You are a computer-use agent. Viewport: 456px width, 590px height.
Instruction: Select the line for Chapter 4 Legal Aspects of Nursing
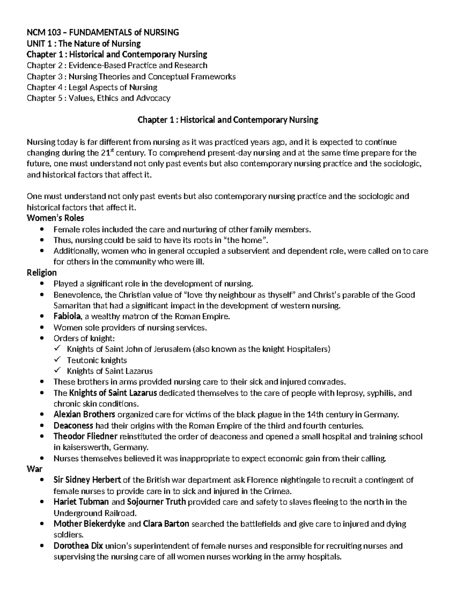click(x=92, y=87)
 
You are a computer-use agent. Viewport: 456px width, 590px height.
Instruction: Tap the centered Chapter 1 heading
click(x=227, y=120)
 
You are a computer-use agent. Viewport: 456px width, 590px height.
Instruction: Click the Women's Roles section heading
click(x=55, y=218)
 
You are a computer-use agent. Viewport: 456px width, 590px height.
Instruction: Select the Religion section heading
click(x=41, y=273)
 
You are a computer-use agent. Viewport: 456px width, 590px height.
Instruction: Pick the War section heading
click(x=34, y=469)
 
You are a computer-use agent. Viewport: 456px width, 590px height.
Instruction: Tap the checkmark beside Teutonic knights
click(x=57, y=359)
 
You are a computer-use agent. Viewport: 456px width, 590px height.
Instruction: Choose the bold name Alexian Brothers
click(x=84, y=414)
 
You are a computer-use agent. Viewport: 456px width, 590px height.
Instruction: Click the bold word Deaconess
click(x=73, y=425)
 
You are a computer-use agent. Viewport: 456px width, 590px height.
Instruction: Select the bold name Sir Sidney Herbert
click(x=87, y=480)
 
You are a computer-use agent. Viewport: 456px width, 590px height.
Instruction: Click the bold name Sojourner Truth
click(x=156, y=502)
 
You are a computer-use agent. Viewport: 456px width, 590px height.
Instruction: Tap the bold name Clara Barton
click(x=166, y=524)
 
